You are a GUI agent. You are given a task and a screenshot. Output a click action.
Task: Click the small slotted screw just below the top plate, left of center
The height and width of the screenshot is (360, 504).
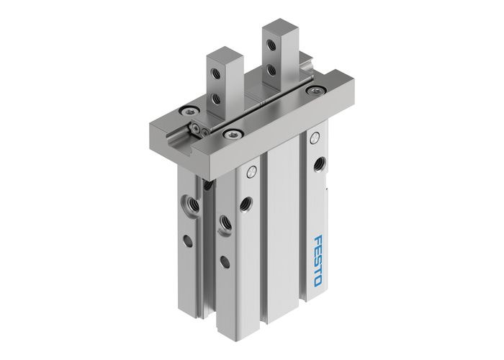(x=250, y=173)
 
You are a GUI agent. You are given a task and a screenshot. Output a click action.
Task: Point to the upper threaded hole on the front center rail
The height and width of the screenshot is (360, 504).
(x=247, y=202)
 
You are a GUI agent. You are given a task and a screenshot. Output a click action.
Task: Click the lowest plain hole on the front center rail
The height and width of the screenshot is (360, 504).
(x=225, y=262)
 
